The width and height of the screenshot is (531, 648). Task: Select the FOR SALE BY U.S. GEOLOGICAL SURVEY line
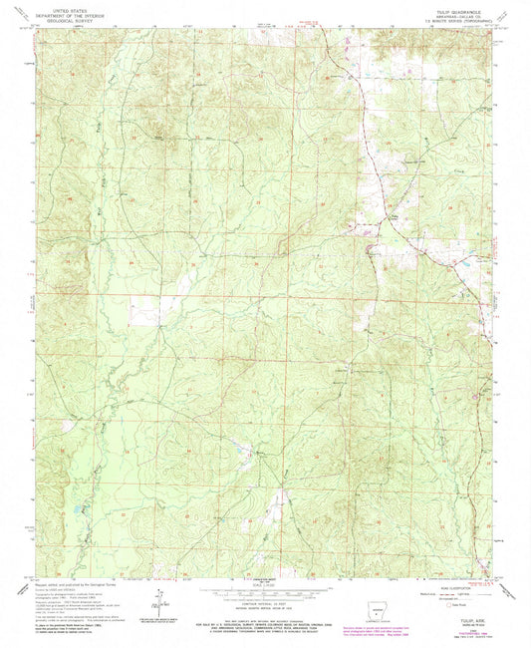(266, 619)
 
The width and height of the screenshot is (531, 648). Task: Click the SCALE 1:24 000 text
(266, 585)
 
